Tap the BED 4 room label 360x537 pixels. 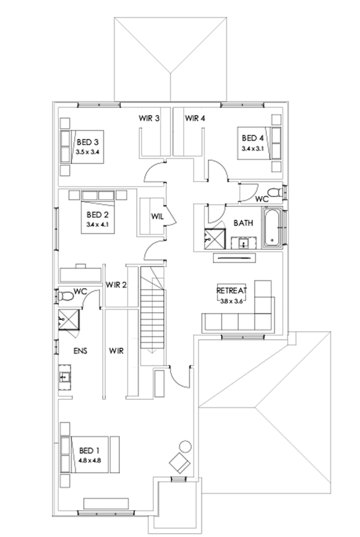(x=253, y=138)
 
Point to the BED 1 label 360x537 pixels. (x=90, y=450)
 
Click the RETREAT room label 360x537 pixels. (x=232, y=290)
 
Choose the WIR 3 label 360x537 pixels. (x=149, y=118)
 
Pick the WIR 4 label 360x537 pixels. (x=195, y=118)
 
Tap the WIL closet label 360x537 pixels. (x=157, y=216)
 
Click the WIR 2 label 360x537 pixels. (x=116, y=285)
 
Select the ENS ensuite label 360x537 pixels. (x=80, y=351)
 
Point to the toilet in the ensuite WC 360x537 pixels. (x=66, y=297)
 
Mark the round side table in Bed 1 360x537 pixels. (x=185, y=446)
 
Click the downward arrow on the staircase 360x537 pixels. (x=153, y=351)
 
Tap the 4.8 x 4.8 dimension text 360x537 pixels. (x=90, y=460)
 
